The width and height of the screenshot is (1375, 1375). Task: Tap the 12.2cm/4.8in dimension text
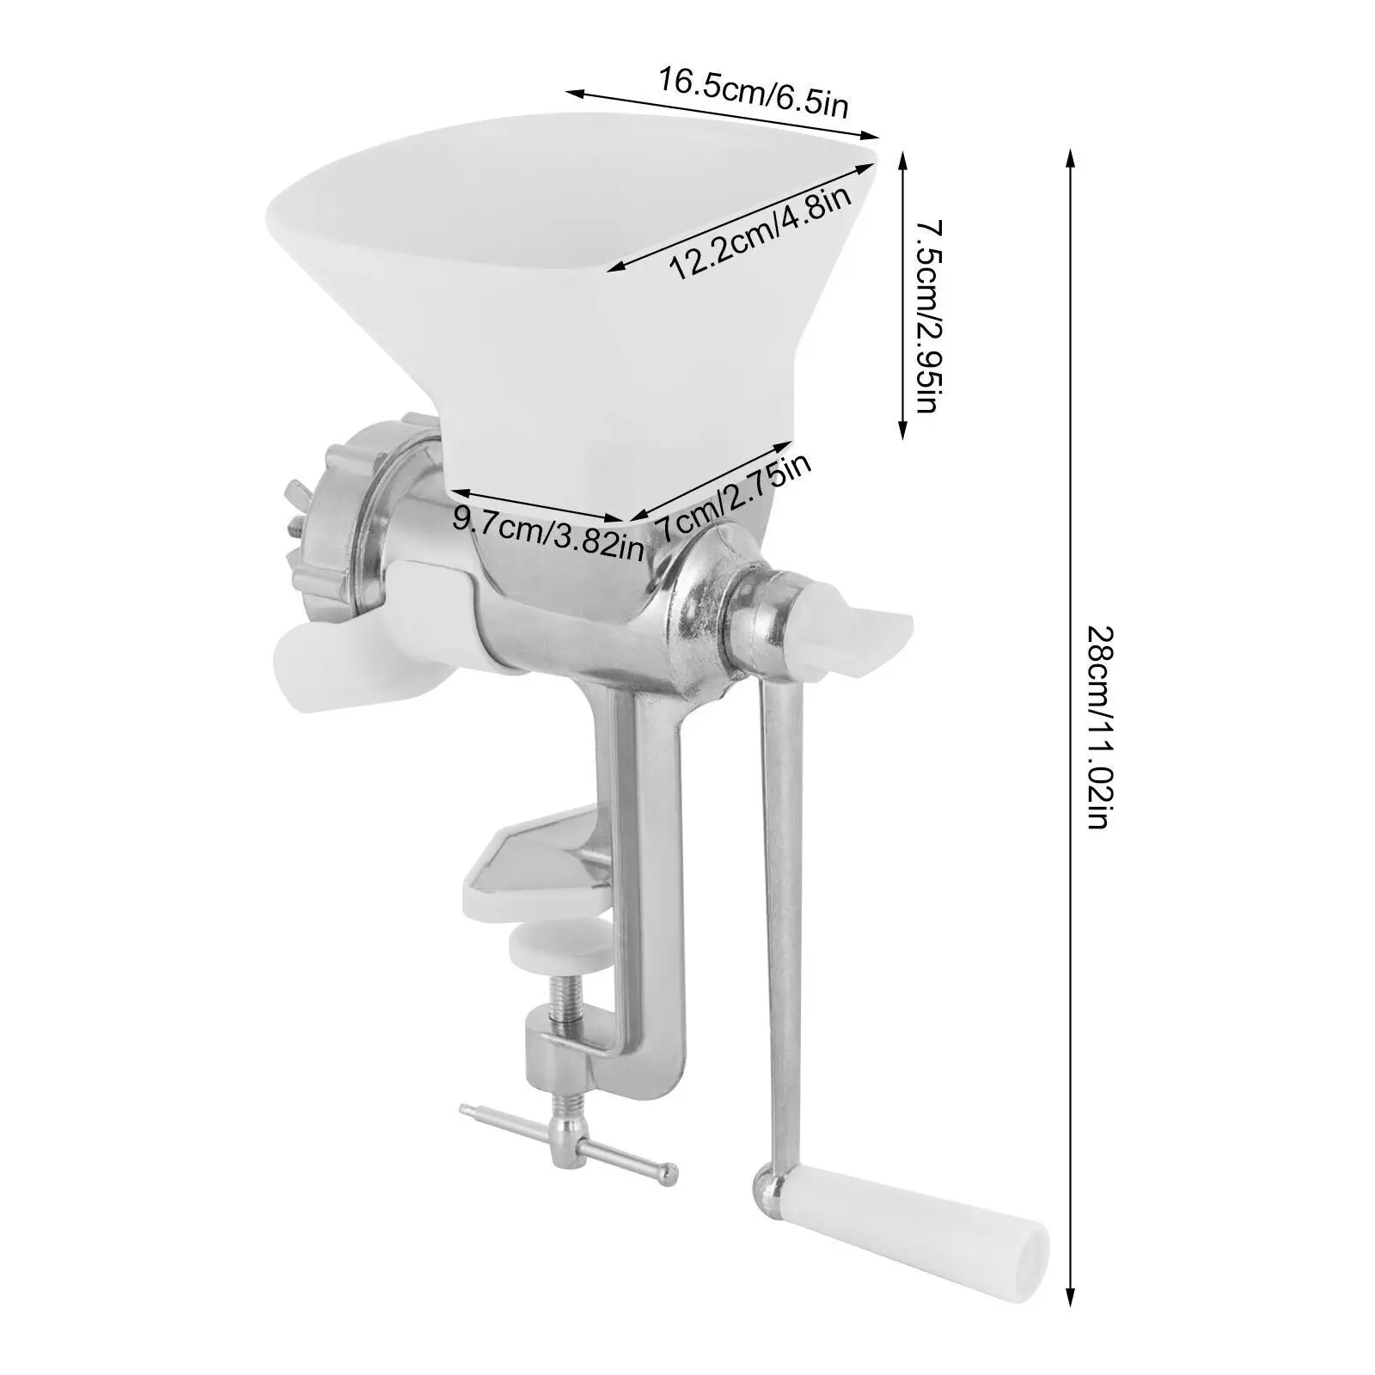[760, 233]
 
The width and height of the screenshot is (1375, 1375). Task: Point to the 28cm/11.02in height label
[1099, 726]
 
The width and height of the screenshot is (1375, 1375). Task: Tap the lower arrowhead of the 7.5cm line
[901, 435]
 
